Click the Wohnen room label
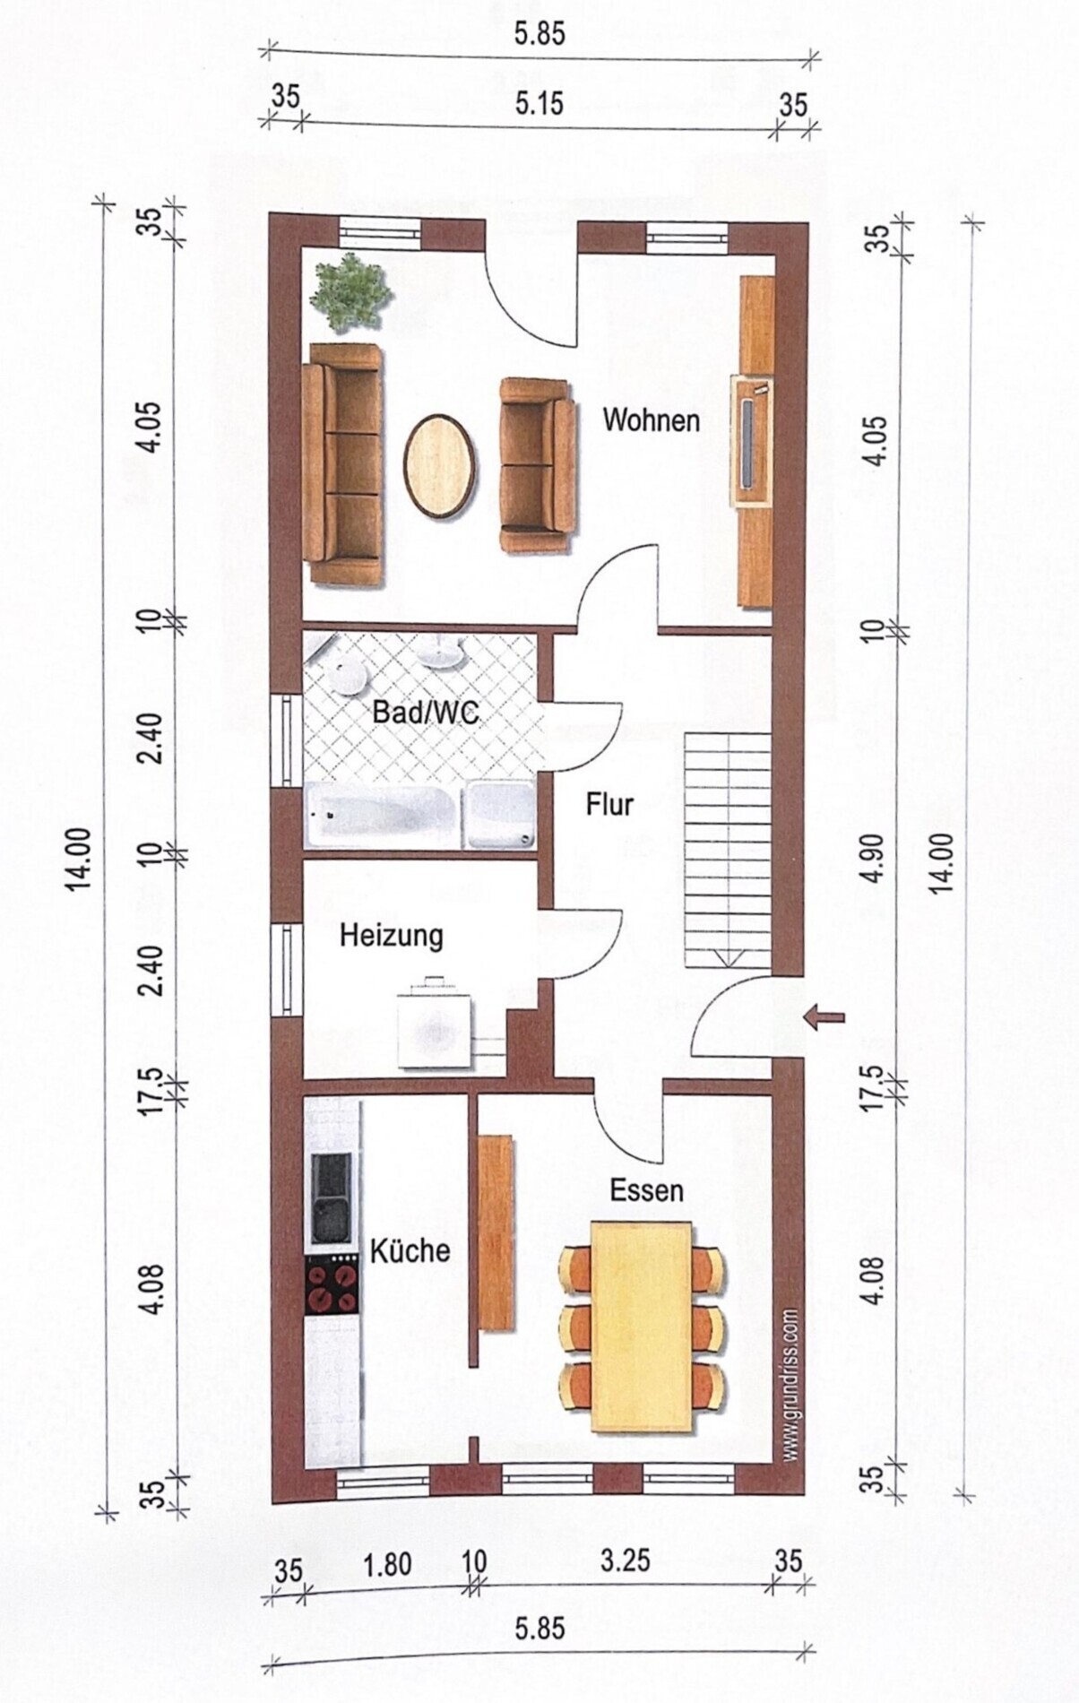click(651, 419)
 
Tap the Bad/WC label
click(426, 713)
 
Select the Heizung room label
click(392, 936)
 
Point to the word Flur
click(609, 804)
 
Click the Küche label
click(410, 1250)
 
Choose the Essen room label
click(647, 1190)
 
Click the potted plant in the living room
click(351, 291)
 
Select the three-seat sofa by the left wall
click(342, 464)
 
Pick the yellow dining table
click(642, 1326)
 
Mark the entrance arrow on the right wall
click(824, 1016)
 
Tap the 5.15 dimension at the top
click(539, 103)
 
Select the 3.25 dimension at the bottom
click(625, 1559)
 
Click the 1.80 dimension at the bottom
click(386, 1564)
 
